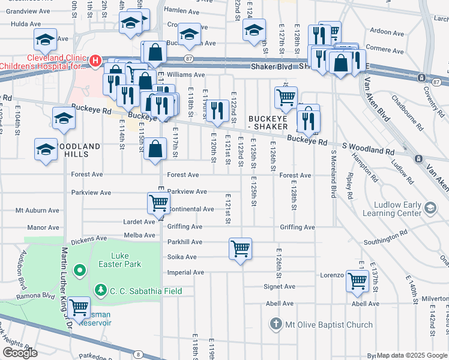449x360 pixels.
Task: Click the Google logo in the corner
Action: click(20, 353)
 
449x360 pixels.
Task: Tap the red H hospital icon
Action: click(94, 60)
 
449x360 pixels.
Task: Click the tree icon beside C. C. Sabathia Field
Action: click(100, 291)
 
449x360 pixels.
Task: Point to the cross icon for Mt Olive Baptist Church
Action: click(276, 325)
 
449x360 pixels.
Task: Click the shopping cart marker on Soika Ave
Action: click(241, 248)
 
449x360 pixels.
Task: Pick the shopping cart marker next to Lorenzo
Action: click(358, 280)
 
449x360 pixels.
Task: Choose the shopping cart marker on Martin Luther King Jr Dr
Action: click(79, 308)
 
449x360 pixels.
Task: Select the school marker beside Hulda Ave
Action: click(44, 41)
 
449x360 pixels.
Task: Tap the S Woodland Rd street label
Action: click(368, 152)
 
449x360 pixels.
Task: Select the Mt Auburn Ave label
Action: click(37, 211)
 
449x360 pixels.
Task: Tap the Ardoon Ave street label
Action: click(387, 31)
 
